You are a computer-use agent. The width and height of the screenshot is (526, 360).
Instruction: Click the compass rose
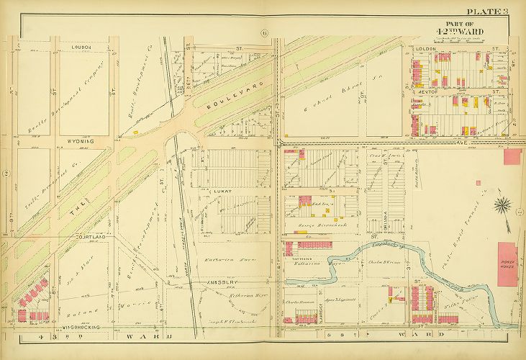coord(502,204)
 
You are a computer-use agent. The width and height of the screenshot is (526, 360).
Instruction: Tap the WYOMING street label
coord(81,142)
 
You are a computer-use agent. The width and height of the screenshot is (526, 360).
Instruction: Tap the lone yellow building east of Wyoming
coord(135,132)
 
